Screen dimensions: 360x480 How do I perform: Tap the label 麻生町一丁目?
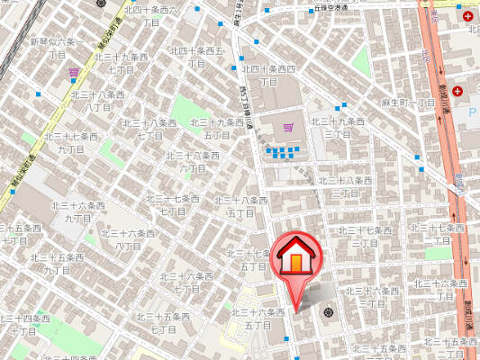point(408,103)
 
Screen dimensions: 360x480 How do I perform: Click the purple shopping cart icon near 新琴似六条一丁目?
point(73,72)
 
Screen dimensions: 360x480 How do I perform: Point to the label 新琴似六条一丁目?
point(57,48)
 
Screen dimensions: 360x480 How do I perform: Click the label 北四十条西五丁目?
point(196,57)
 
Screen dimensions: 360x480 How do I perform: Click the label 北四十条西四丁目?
point(268,75)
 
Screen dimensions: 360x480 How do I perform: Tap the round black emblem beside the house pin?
point(328,313)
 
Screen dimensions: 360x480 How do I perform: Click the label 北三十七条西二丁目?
point(438,234)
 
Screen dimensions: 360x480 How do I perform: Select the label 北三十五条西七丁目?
point(163,323)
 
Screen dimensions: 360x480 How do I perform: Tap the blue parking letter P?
point(472,112)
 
